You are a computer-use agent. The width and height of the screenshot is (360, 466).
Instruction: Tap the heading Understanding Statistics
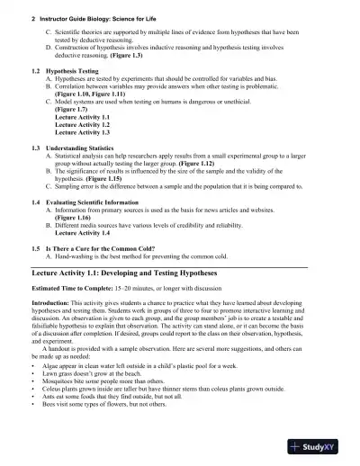point(92,147)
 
